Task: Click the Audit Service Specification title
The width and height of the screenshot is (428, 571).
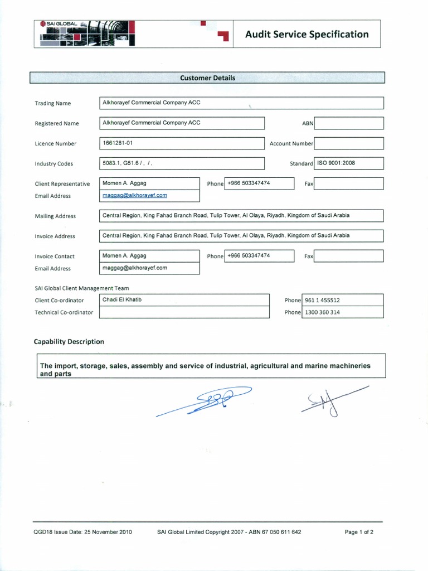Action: (307, 34)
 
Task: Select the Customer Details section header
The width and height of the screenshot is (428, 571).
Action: (207, 78)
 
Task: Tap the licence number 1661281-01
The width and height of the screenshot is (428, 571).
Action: (118, 143)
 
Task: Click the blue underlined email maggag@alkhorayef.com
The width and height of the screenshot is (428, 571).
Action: (135, 196)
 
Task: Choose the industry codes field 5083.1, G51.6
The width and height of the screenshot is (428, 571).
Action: (128, 163)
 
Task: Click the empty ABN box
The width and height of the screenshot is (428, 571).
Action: (349, 123)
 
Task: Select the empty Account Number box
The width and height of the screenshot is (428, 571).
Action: (349, 143)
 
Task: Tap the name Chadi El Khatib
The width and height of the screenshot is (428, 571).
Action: (122, 300)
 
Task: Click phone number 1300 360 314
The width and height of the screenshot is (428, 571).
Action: (322, 312)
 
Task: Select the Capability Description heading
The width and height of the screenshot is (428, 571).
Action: (69, 341)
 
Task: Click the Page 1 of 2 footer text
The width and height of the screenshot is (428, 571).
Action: (359, 532)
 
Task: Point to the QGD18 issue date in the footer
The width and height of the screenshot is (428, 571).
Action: (82, 532)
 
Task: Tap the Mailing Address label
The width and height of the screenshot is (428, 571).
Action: (55, 216)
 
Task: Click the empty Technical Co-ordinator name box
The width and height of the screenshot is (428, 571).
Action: (184, 312)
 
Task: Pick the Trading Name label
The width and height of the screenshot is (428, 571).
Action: (53, 103)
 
